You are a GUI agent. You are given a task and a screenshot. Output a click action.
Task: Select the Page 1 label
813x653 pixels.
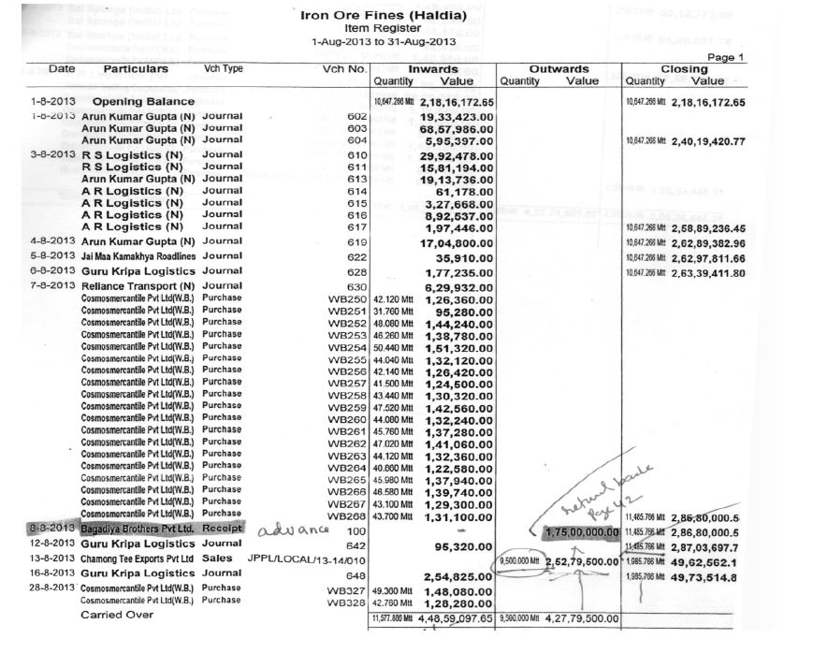725,57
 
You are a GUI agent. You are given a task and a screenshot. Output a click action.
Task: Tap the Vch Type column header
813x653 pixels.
223,69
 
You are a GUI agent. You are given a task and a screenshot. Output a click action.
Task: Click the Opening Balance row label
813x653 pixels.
143,101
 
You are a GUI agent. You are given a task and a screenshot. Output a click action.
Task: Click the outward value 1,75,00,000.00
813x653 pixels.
580,531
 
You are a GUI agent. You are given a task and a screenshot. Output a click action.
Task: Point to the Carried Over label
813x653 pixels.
116,615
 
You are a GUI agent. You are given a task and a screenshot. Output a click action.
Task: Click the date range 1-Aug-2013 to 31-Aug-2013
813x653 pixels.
383,42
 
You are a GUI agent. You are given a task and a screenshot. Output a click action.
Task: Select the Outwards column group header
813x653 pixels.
559,68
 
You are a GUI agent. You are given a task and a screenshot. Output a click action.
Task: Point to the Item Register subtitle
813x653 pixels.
383,29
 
